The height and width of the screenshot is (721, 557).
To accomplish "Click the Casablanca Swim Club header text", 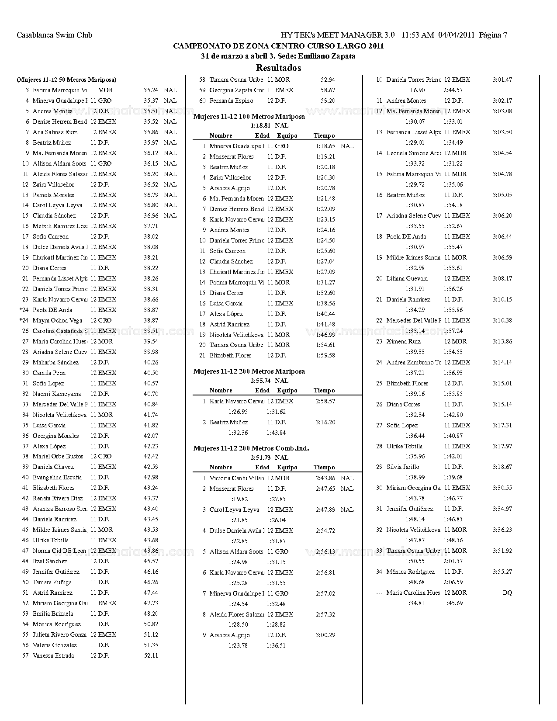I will click(54, 35).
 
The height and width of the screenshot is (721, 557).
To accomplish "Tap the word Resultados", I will click(278, 68).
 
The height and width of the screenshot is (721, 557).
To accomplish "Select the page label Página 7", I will click(493, 35).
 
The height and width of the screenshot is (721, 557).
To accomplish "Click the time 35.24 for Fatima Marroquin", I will click(151, 90).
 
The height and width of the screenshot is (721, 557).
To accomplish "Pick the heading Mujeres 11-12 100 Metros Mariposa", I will click(249, 117).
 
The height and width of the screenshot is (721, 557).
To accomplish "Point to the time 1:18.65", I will click(325, 146).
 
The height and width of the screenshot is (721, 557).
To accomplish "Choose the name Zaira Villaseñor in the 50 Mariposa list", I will click(53, 184).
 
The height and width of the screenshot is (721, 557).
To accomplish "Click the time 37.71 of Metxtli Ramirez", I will click(151, 226).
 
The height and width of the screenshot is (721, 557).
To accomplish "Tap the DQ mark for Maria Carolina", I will click(507, 593).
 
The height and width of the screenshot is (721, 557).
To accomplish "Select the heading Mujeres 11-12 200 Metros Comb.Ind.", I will click(251, 448).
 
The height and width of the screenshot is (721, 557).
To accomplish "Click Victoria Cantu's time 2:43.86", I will click(325, 478).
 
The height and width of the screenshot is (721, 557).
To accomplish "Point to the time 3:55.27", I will click(502, 572).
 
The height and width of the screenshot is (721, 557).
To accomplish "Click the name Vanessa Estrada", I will click(53, 655).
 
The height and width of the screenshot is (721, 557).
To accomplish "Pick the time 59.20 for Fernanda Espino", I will click(328, 101).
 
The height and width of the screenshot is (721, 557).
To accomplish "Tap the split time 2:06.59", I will click(453, 582).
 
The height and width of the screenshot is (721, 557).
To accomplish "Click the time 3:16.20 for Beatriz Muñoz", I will click(325, 422).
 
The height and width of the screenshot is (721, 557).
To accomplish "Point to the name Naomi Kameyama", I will click(57, 394).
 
